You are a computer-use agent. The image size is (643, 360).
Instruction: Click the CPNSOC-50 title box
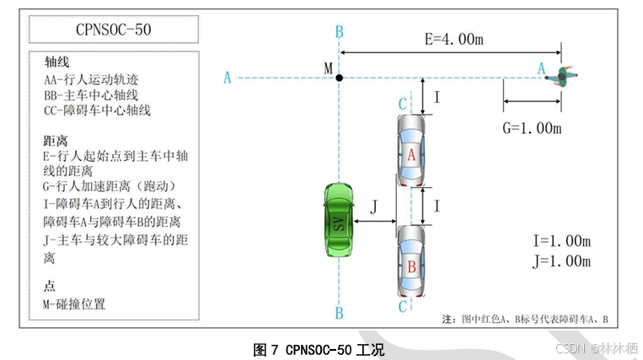112,30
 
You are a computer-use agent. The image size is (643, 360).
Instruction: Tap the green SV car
339,221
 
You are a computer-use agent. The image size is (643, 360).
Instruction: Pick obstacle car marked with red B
411,262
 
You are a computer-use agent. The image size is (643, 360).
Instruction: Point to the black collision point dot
339,78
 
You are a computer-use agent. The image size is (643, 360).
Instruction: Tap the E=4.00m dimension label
453,39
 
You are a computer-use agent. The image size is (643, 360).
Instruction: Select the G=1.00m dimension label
532,128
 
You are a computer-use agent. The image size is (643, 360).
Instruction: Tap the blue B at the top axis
339,32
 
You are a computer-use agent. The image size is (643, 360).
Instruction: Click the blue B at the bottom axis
339,314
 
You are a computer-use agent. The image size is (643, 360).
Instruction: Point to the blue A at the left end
228,78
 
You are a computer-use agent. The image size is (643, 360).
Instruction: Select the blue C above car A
403,103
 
